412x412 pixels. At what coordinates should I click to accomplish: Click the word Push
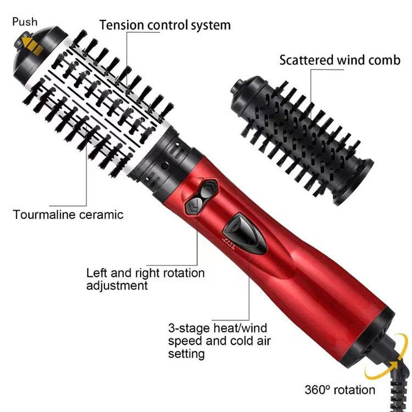pos(24,21)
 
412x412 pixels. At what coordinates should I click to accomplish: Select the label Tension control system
pos(165,25)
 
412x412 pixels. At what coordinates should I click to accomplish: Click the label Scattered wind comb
pos(339,59)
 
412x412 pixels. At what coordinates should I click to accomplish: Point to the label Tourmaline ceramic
pos(68,214)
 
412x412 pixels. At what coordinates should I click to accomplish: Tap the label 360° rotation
pos(340,390)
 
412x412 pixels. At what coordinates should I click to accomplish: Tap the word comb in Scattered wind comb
pos(385,59)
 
